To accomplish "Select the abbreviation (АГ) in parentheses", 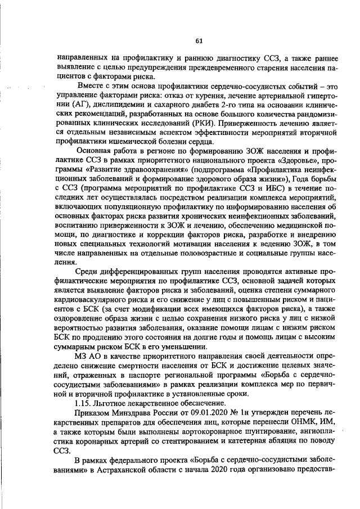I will (76, 104).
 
